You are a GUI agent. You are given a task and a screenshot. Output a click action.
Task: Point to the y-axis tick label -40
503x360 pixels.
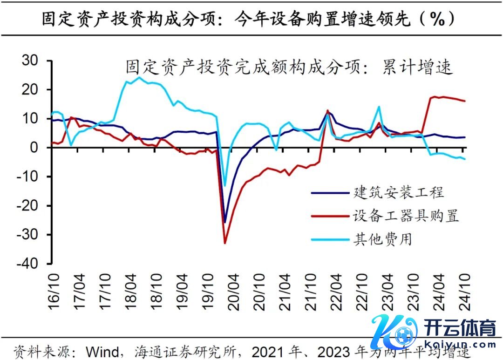29,264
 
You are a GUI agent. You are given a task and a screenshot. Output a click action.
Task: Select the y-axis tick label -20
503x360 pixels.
29,206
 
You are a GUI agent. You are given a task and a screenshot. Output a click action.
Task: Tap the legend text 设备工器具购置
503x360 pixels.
406,216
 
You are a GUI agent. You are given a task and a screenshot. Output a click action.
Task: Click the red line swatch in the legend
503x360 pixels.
331,216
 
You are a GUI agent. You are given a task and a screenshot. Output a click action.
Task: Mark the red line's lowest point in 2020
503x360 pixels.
225,243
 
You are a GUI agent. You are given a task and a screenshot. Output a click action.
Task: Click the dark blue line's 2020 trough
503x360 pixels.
224,222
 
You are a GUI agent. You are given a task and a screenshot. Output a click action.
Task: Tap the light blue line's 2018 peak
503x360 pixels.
139,77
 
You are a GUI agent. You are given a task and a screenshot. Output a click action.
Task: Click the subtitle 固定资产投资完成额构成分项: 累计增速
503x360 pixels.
289,68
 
